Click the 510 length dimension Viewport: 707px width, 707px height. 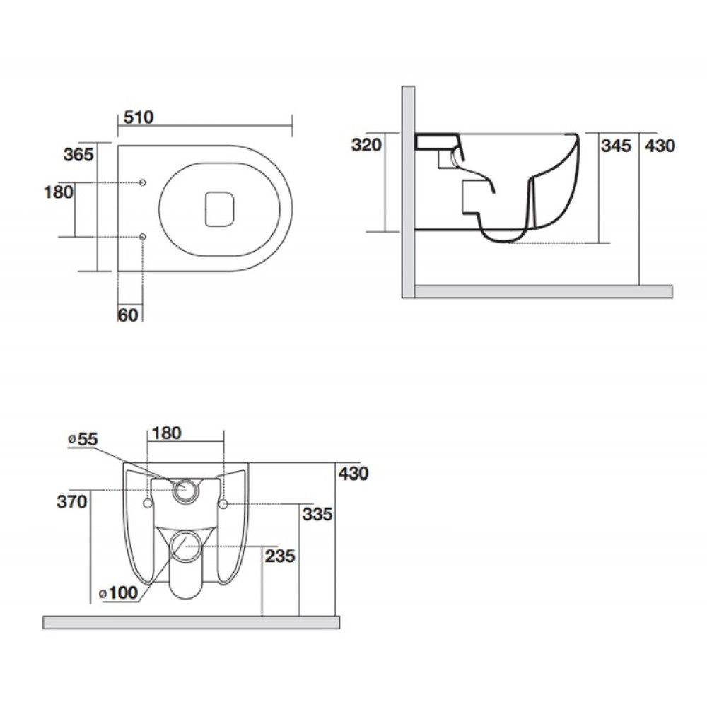click(x=139, y=117)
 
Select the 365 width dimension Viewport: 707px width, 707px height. click(x=78, y=155)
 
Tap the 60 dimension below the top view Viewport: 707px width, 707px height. click(x=128, y=315)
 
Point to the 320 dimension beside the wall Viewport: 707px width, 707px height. click(x=366, y=145)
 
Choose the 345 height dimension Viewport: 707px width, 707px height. click(x=616, y=146)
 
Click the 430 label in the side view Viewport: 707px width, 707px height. click(x=660, y=146)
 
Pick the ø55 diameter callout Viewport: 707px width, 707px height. click(x=83, y=439)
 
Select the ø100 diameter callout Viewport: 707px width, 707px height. click(x=119, y=592)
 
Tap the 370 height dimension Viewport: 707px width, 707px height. click(x=71, y=501)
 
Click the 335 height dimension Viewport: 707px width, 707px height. click(x=317, y=514)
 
